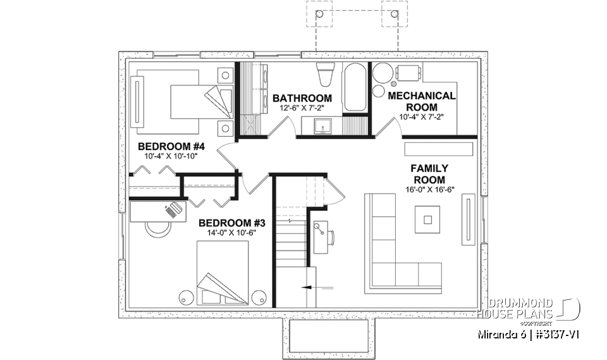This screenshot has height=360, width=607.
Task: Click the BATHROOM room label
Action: [302, 98]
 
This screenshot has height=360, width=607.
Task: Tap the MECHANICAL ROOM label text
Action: [421, 101]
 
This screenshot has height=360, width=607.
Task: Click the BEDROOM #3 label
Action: [227, 223]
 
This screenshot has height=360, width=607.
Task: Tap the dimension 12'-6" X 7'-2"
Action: [302, 109]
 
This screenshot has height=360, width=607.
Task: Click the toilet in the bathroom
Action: [325, 75]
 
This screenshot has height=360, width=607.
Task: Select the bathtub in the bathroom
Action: [353, 87]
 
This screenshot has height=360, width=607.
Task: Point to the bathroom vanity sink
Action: [323, 129]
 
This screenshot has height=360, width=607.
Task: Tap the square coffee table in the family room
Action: [428, 220]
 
